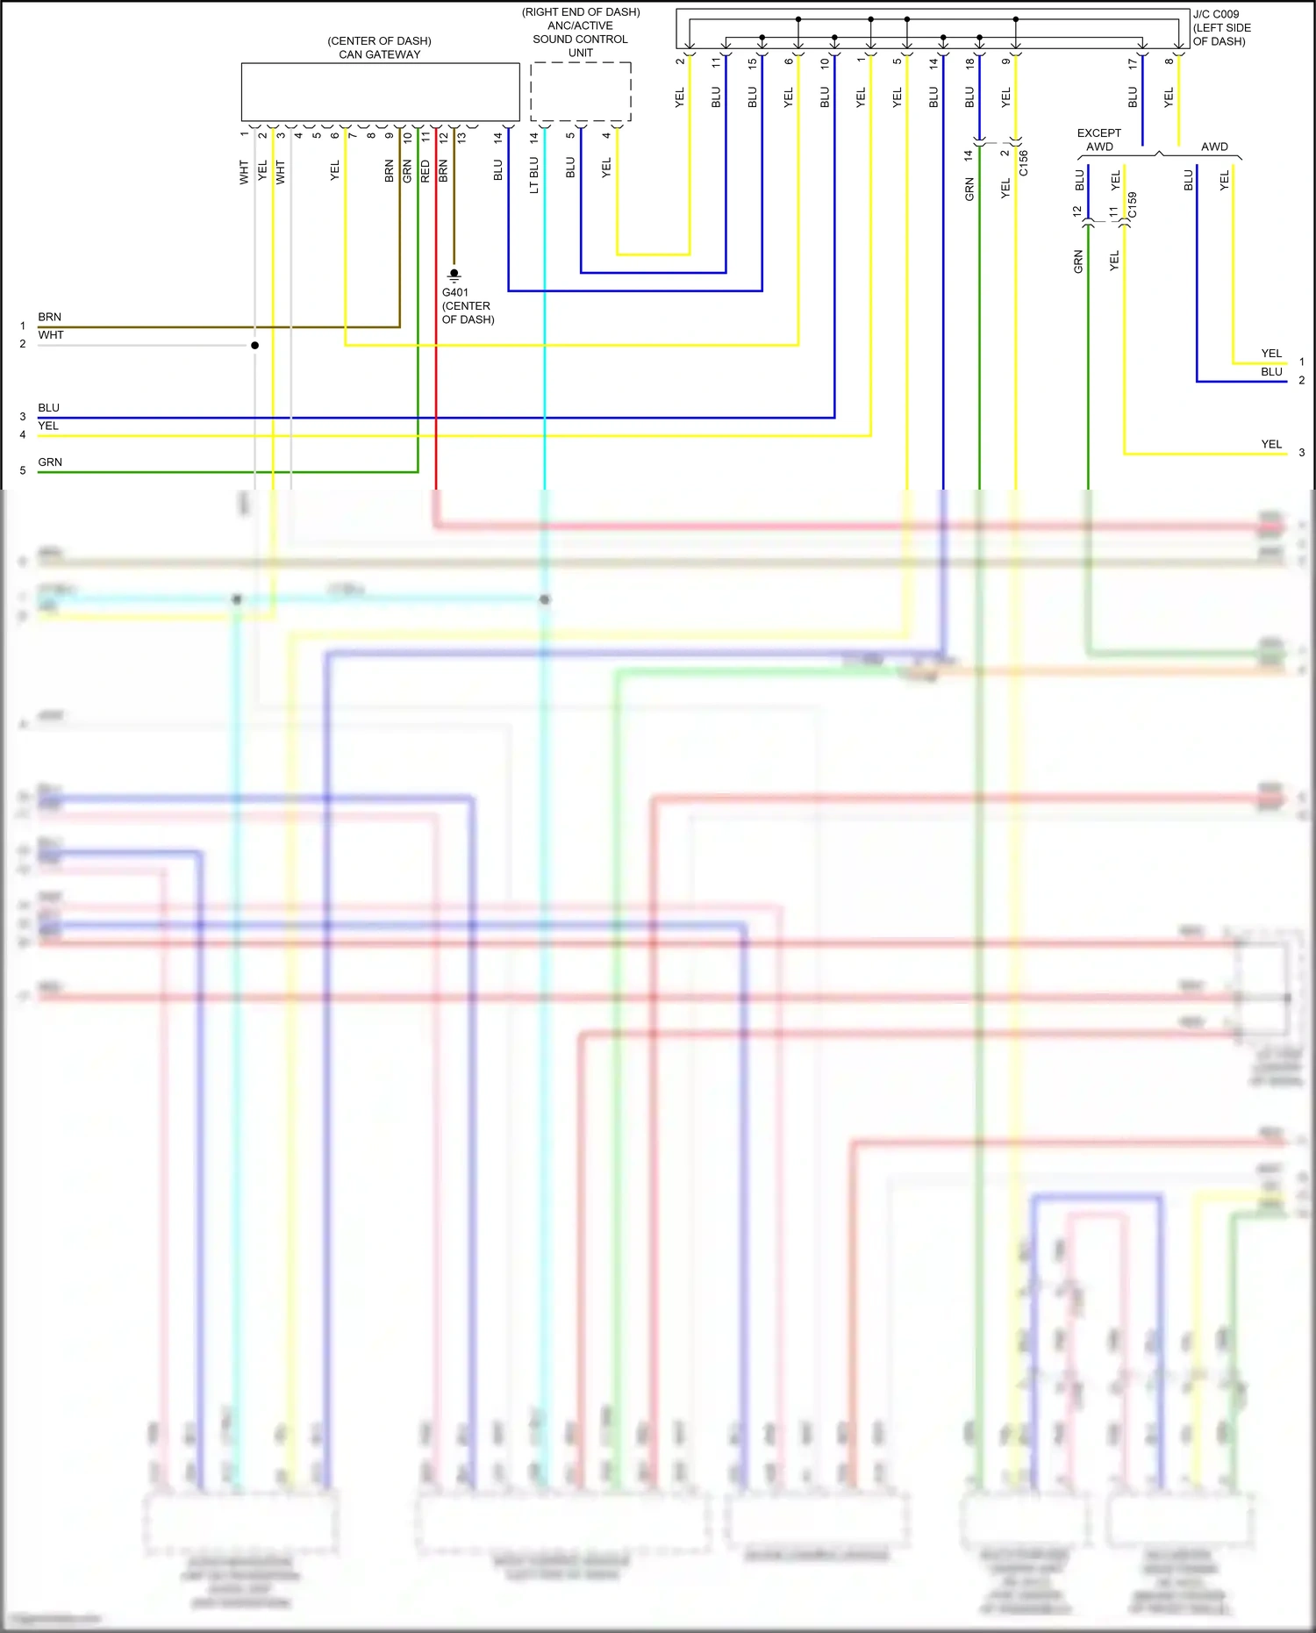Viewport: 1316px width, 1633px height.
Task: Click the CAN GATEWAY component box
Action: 380,91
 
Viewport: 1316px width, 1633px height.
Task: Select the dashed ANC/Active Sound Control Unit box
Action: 581,91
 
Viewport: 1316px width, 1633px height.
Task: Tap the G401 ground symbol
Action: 454,275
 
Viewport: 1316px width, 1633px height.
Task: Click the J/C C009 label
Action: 1216,14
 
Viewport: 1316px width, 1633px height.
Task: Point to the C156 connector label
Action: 1024,163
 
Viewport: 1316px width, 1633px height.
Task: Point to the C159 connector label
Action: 1133,205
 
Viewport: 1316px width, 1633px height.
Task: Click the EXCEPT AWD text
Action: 1098,140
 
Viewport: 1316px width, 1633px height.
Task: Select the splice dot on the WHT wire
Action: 255,345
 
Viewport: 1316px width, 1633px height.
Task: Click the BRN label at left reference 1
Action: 50,317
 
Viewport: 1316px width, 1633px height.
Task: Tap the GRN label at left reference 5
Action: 50,462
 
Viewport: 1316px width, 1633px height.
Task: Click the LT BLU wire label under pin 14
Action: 533,175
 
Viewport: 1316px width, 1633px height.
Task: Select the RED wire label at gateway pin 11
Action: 426,171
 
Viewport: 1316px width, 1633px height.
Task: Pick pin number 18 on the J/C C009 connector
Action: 969,63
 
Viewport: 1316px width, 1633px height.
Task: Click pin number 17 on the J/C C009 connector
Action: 1133,63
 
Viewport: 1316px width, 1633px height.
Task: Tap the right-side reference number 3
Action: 1302,453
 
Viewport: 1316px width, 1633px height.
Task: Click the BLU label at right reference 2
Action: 1271,371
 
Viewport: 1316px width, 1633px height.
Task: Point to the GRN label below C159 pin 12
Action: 1078,261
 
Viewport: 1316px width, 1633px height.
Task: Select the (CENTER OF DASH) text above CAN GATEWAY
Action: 379,41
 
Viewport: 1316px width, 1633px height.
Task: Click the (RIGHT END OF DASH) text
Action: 581,12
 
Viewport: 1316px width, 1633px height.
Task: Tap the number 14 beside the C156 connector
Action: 969,155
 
